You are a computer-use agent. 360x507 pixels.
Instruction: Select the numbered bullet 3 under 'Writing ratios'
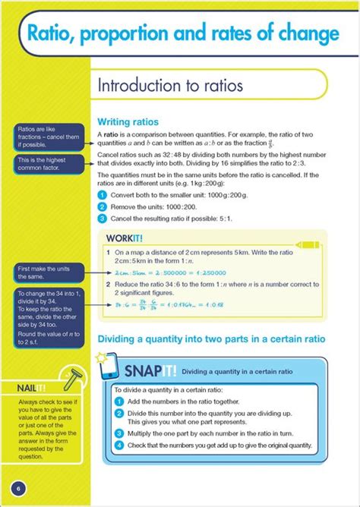click(101, 219)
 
